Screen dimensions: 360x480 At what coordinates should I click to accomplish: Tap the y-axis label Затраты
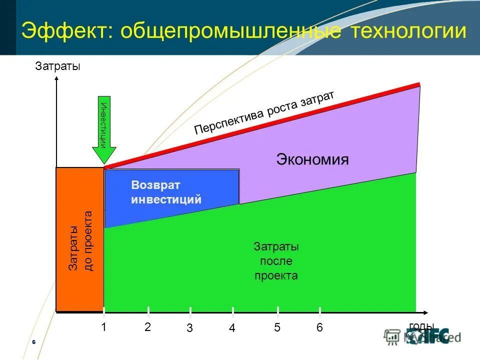(57, 66)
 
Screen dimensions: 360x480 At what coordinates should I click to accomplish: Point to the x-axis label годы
(421, 326)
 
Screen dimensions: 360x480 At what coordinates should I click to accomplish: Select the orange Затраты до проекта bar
(80, 240)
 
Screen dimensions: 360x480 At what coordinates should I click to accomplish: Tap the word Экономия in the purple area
(312, 160)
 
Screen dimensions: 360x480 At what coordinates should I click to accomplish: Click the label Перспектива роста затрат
(263, 113)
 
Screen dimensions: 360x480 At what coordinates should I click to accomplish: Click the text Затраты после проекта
(276, 261)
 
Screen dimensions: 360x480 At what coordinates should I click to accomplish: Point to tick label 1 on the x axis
(104, 328)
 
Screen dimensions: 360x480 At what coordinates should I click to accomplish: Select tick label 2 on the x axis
(147, 327)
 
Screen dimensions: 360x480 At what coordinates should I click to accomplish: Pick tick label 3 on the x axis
(190, 328)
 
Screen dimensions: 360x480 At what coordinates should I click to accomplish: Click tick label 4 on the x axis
(232, 328)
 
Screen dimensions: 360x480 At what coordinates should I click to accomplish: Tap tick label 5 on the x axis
(277, 328)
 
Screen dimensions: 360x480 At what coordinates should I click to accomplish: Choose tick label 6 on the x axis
(319, 328)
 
